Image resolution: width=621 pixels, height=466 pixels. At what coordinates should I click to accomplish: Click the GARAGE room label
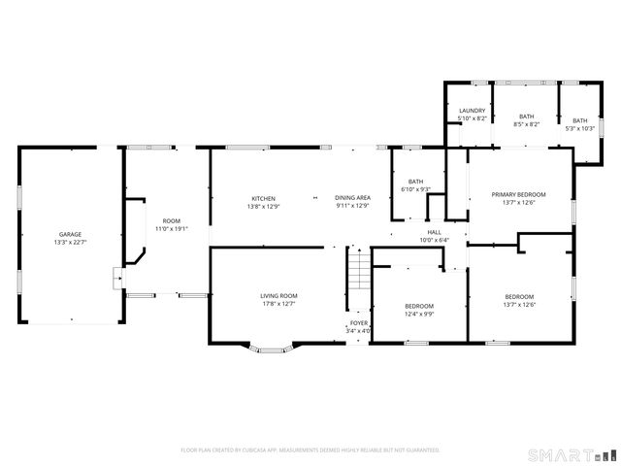(70, 234)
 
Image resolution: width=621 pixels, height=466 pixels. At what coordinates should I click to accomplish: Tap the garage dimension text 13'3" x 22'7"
(70, 242)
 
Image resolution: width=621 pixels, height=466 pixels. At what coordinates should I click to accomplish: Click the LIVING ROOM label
(278, 295)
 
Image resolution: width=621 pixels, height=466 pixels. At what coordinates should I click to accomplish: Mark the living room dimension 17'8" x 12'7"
(278, 304)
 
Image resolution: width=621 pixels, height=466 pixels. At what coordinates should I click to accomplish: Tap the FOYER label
(359, 322)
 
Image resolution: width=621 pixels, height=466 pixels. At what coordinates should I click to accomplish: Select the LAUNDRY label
(473, 111)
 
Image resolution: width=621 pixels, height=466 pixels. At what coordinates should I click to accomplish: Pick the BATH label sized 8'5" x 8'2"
(527, 116)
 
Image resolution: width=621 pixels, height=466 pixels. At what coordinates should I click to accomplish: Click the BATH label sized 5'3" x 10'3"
(580, 120)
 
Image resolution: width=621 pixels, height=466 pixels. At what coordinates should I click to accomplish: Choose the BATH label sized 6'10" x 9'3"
(415, 181)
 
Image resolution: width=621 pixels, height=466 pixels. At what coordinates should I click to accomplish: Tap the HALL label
(434, 233)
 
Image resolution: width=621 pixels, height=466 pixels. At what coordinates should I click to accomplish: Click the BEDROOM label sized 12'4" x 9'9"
(419, 306)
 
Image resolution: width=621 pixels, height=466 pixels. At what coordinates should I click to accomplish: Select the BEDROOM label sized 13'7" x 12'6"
(519, 296)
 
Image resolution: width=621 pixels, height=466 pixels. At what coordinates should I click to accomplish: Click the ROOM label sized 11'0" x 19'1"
(172, 221)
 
